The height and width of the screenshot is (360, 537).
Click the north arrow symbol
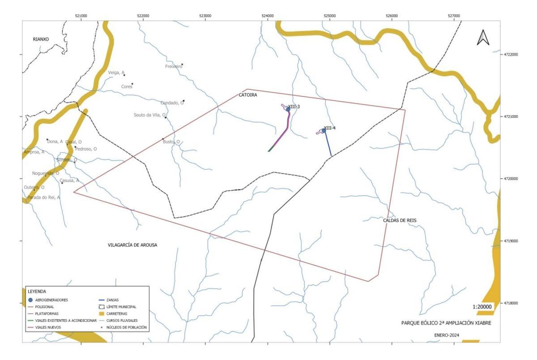(483, 37)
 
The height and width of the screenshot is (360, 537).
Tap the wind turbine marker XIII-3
(288, 109)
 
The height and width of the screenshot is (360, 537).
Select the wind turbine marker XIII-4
(324, 131)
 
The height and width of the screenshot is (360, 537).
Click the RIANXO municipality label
(41, 39)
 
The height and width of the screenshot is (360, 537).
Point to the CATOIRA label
(248, 95)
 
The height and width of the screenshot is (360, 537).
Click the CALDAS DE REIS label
(403, 220)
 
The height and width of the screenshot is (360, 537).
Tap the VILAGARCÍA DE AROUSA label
(132, 245)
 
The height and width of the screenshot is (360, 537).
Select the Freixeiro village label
(174, 66)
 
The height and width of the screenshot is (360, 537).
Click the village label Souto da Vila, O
(149, 115)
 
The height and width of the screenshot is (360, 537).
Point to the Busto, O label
(171, 142)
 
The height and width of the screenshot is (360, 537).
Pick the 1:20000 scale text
(482, 307)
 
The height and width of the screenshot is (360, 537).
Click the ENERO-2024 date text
(447, 335)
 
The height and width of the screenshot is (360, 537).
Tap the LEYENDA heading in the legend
(37, 291)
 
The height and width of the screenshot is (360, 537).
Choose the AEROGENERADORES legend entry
(53, 300)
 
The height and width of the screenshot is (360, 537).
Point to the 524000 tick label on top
(268, 16)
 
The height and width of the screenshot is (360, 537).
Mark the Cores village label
(127, 86)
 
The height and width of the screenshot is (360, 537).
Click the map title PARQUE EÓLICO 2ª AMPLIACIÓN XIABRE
(446, 323)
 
